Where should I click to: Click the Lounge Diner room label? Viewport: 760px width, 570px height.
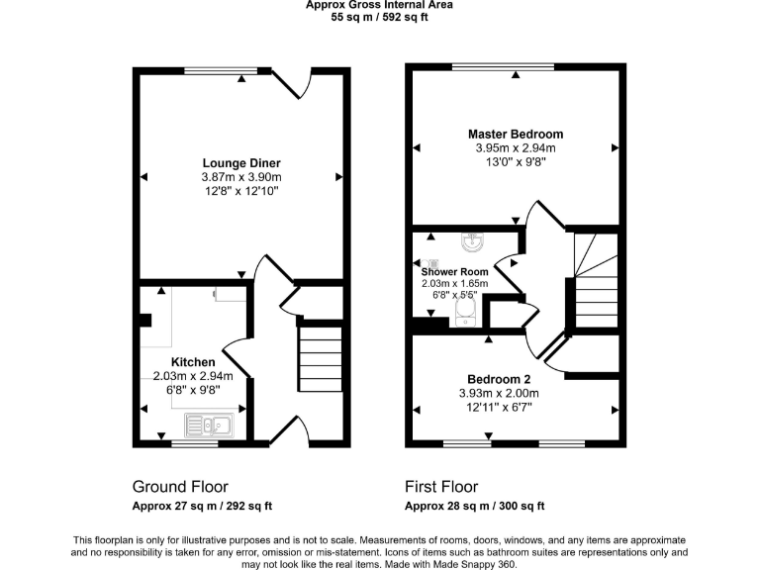[x=241, y=163]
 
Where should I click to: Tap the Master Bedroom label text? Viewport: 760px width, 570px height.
[x=516, y=135]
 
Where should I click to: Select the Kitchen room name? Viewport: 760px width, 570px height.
[x=193, y=362]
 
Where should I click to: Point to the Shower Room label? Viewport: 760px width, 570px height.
[x=454, y=271]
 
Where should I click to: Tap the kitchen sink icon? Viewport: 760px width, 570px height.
[x=208, y=426]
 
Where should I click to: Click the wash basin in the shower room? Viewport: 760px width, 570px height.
[x=470, y=241]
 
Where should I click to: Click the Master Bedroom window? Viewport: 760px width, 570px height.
[x=503, y=66]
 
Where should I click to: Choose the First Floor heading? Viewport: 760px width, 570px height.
[x=441, y=487]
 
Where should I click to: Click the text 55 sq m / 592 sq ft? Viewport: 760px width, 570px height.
[x=380, y=17]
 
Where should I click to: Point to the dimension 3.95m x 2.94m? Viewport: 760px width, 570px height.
[x=516, y=148]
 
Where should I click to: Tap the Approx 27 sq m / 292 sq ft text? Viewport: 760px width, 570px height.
[x=203, y=507]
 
